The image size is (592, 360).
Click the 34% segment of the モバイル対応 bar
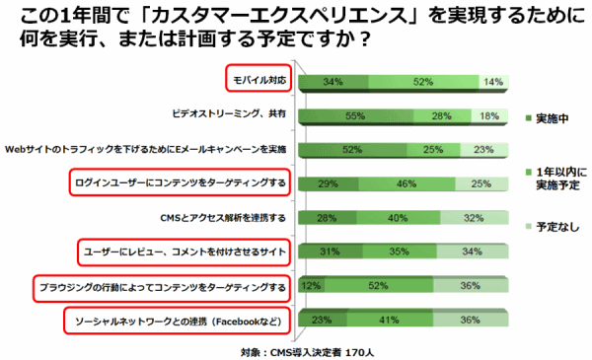tap(333, 81)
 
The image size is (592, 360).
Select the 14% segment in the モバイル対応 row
tap(492, 81)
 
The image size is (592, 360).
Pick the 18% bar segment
tap(488, 115)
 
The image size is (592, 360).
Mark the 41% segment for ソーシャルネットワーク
tap(390, 320)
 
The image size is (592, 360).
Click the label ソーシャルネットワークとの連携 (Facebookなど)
tap(180, 320)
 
